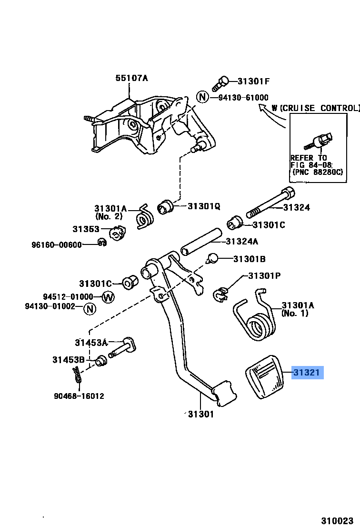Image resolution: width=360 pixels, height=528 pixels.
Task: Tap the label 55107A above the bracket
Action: click(x=131, y=78)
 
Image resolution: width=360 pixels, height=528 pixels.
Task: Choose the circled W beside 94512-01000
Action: click(x=109, y=297)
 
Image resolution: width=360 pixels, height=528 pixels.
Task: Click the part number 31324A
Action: click(x=241, y=242)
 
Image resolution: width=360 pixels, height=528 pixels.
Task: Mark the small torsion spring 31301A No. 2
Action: click(x=145, y=217)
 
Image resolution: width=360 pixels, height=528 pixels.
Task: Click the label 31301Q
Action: click(x=204, y=206)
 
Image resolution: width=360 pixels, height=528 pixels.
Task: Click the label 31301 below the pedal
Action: click(x=200, y=414)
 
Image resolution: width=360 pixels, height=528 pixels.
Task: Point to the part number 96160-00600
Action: click(x=57, y=244)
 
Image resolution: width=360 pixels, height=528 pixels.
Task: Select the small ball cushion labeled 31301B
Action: click(x=213, y=259)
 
